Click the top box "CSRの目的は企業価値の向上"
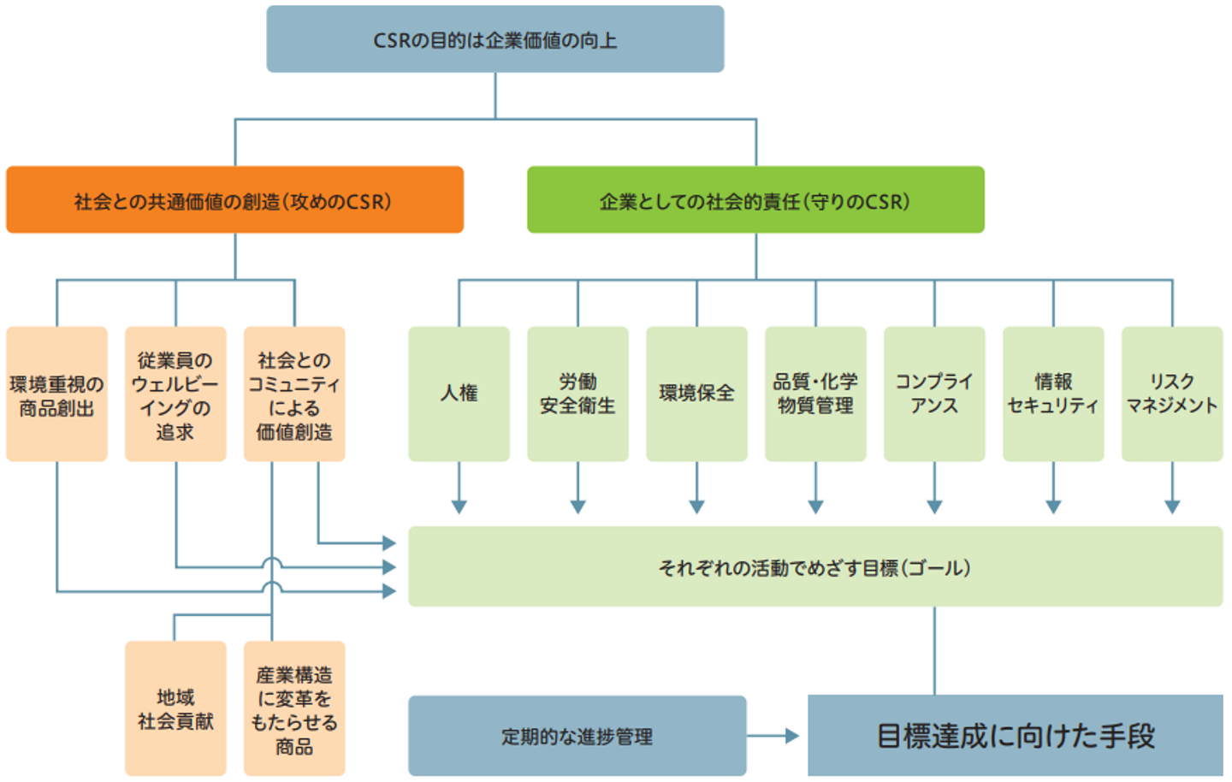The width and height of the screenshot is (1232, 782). [495, 39]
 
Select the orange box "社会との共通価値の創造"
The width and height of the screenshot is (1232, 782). [234, 200]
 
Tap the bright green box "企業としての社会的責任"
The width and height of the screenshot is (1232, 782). [755, 200]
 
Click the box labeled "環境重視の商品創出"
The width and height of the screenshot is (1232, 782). [56, 394]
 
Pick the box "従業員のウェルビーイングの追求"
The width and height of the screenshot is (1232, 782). [175, 394]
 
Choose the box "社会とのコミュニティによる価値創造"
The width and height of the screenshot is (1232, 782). [294, 394]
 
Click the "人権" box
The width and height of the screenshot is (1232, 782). [459, 394]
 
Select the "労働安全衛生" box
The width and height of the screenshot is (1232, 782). [577, 394]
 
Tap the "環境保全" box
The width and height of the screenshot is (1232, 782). [696, 394]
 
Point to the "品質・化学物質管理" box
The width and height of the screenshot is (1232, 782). [815, 394]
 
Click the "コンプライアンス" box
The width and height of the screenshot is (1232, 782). [934, 394]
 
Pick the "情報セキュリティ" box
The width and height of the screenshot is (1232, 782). [1053, 394]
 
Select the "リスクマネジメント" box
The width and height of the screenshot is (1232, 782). [1172, 394]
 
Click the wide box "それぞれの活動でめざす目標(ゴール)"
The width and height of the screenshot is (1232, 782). [814, 566]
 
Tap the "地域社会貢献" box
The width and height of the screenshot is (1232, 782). [175, 709]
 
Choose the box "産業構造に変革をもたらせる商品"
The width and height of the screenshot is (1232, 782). [294, 709]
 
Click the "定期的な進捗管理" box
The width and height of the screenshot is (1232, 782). [577, 736]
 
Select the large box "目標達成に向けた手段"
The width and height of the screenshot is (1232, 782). [1016, 736]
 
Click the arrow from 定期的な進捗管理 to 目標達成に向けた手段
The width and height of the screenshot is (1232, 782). [773, 736]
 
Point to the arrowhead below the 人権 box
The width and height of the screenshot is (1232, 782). [459, 506]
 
